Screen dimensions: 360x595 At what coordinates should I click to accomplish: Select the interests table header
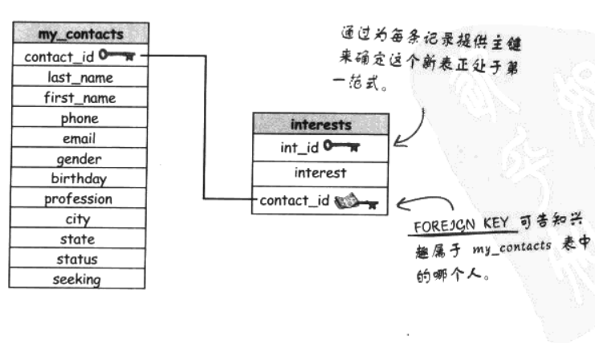pyautogui.click(x=321, y=125)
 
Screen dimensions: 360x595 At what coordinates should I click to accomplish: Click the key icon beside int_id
pyautogui.click(x=342, y=146)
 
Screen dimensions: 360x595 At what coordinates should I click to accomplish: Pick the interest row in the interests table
pyautogui.click(x=321, y=173)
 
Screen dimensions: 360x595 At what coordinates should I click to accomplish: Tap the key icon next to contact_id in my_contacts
pyautogui.click(x=117, y=56)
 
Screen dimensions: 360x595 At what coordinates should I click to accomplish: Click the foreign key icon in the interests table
pyautogui.click(x=356, y=200)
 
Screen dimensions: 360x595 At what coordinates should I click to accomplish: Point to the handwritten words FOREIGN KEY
pyautogui.click(x=451, y=226)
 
